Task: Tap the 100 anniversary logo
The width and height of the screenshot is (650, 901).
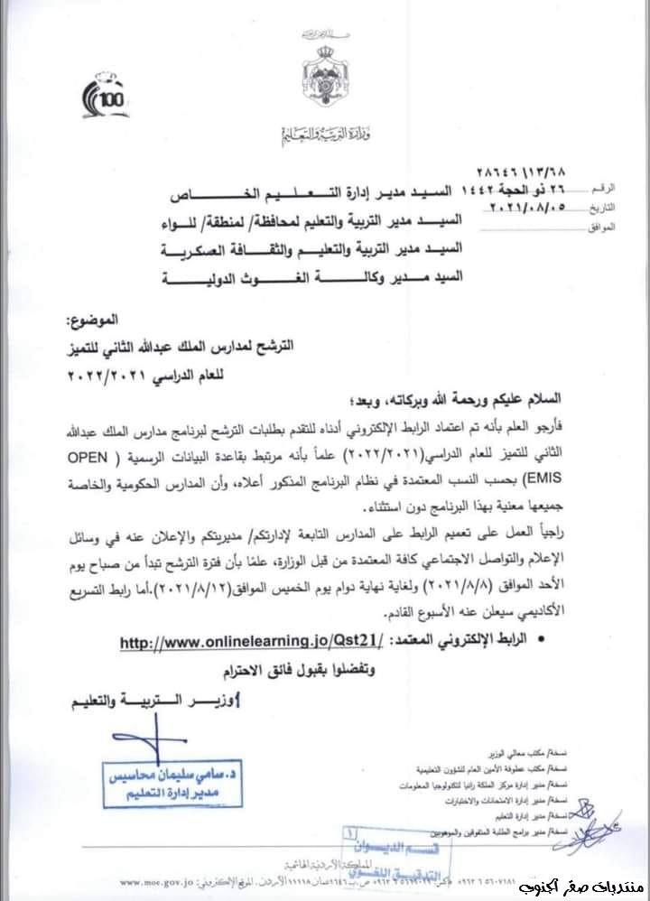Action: coord(106,97)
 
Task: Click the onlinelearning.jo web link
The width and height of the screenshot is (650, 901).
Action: coord(251,642)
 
